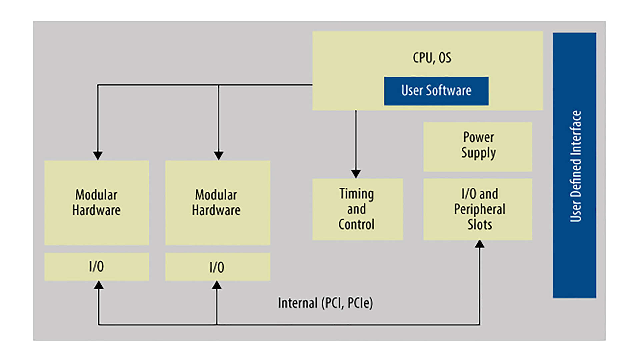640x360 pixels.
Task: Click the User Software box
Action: [x=436, y=91]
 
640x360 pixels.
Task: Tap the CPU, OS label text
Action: [x=432, y=58]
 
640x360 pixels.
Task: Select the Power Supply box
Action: [x=478, y=147]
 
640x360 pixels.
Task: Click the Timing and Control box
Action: [x=357, y=209]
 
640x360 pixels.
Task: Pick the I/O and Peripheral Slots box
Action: [x=478, y=209]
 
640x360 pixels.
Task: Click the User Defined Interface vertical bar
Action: [x=574, y=165]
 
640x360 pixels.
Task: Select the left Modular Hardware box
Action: [x=97, y=203]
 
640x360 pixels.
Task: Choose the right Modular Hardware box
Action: [x=218, y=203]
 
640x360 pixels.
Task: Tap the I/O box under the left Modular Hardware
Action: [x=97, y=267]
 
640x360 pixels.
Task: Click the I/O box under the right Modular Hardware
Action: [x=218, y=267]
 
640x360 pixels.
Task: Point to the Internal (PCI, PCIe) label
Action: [x=325, y=303]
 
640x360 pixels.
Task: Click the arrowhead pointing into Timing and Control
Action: [x=356, y=174]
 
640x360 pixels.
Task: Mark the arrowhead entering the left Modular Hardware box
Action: [x=98, y=156]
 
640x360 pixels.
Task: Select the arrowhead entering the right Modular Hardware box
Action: [x=219, y=156]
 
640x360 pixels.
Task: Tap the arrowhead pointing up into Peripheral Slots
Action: [x=480, y=244]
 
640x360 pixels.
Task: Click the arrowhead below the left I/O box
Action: [x=99, y=285]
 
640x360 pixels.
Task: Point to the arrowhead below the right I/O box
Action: [x=217, y=285]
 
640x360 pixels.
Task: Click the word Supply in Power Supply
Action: [x=478, y=153]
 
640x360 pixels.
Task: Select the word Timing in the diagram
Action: [x=356, y=194]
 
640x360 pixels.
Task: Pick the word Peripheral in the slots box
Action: [x=480, y=209]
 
